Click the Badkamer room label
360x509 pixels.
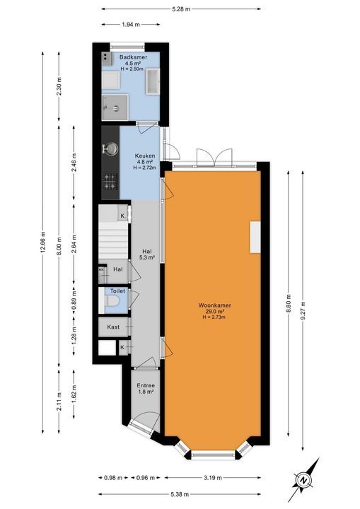[132, 57]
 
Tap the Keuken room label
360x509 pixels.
[144, 156]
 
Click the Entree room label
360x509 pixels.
[146, 385]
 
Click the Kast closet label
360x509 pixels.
[114, 327]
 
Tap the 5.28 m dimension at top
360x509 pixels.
[180, 8]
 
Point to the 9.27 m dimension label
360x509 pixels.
[303, 309]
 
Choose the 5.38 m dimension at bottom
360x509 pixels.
[182, 495]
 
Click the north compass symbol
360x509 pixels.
[303, 481]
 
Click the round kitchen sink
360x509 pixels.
[110, 149]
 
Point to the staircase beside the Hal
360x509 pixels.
[113, 240]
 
